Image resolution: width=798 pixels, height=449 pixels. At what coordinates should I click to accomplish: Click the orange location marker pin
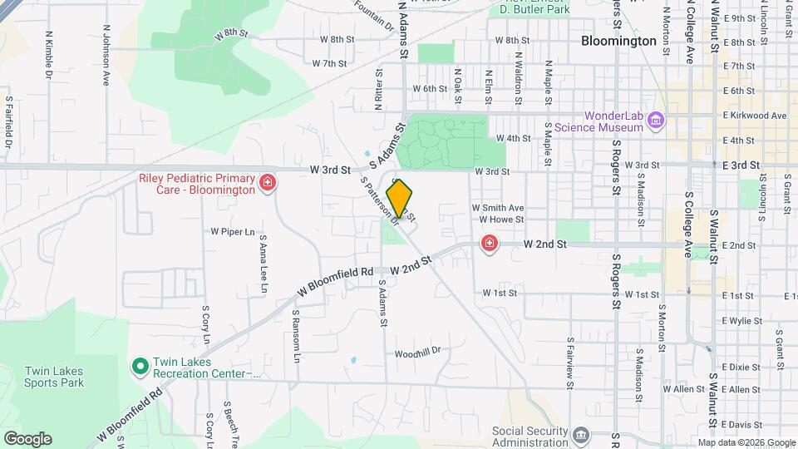(x=400, y=199)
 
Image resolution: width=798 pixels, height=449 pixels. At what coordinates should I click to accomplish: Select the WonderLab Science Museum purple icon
(x=656, y=121)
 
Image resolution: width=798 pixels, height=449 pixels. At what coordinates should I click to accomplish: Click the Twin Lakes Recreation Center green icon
(x=140, y=365)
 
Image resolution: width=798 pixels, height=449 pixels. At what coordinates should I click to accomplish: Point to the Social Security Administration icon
(x=581, y=435)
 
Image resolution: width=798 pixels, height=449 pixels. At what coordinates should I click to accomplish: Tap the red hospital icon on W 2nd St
(x=490, y=243)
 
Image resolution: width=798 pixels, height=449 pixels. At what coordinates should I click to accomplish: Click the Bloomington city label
(x=619, y=40)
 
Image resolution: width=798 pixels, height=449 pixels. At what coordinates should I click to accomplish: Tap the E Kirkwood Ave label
(x=754, y=116)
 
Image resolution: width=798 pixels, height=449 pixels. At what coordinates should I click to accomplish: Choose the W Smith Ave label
(x=497, y=207)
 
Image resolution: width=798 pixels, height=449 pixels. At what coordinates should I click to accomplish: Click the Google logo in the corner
(x=27, y=439)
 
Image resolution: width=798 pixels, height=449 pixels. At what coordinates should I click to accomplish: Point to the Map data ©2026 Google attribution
(x=746, y=442)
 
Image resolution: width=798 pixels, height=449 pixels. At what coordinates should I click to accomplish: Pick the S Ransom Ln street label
(x=296, y=337)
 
